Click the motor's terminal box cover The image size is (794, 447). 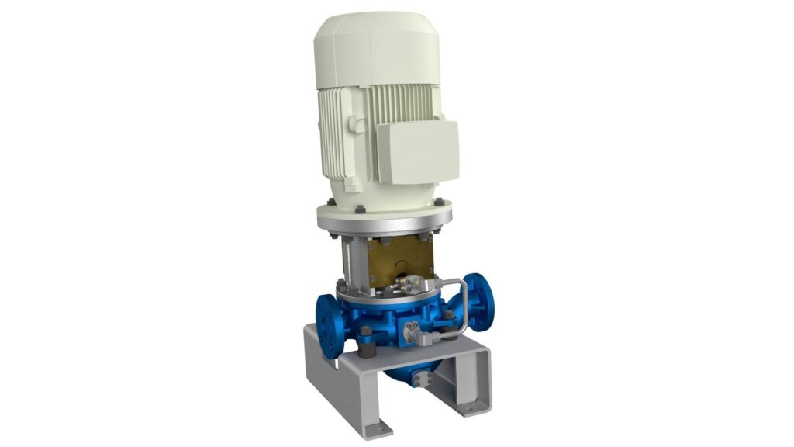418,151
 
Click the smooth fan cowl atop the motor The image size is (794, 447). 377,47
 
